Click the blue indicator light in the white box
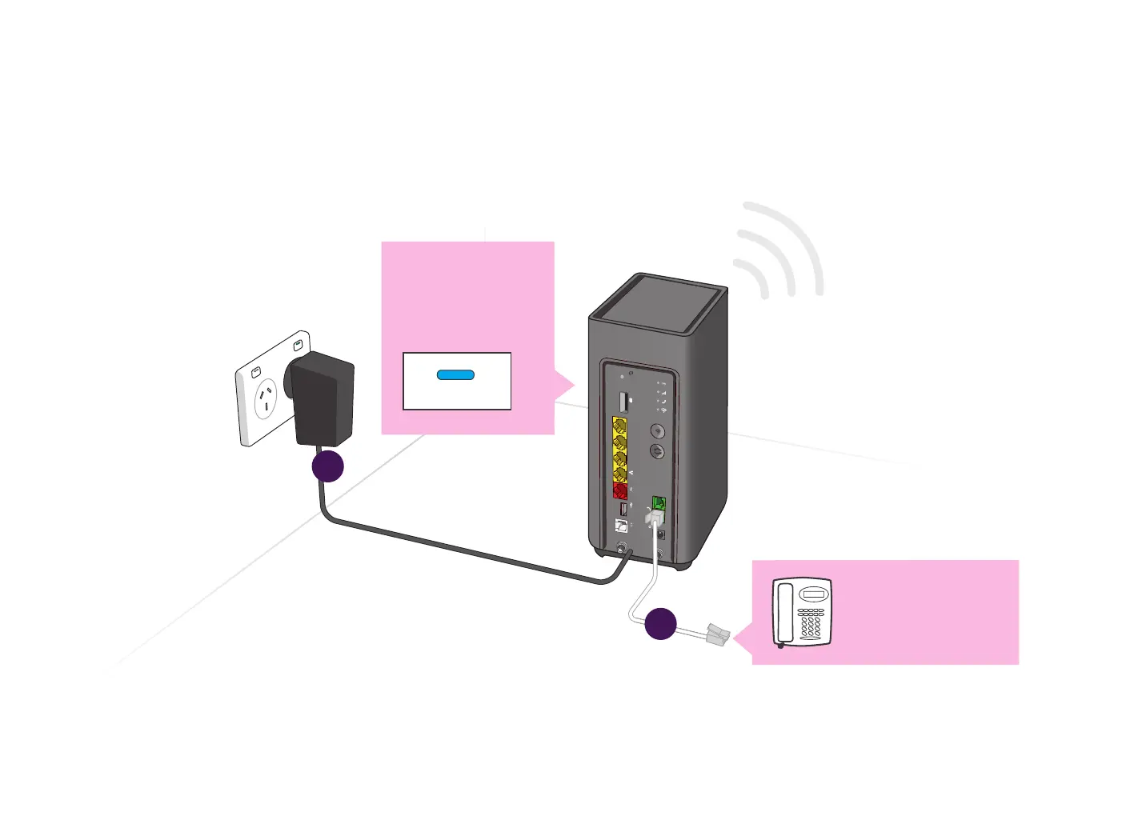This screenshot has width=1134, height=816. (456, 374)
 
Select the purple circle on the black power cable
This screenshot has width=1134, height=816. (328, 466)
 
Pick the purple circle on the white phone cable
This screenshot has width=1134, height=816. (660, 624)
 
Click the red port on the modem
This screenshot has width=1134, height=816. (620, 490)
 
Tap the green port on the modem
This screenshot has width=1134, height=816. (659, 503)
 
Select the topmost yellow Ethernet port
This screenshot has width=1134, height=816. (619, 426)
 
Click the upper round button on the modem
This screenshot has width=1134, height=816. (658, 432)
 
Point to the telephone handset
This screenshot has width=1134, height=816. (784, 613)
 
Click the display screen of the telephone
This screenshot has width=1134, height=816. (813, 595)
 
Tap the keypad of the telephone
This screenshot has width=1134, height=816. (811, 622)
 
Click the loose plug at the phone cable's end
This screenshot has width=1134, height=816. (718, 635)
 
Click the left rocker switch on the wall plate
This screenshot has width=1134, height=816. (256, 372)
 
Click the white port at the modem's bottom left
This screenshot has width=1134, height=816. (621, 526)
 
